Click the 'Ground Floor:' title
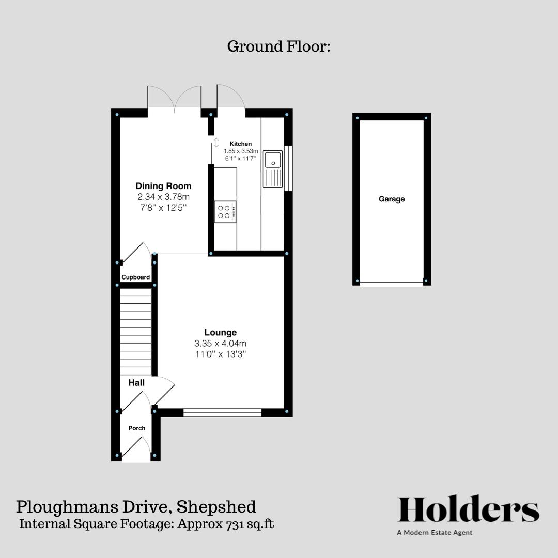[278, 47]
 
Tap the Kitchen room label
[241, 144]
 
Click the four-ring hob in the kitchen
[225, 211]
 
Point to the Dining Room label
[163, 186]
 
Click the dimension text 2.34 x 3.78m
[163, 197]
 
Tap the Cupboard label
[136, 277]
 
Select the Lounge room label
[220, 333]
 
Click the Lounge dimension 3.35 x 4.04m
[220, 344]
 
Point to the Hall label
[136, 383]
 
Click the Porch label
[137, 428]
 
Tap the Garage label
[392, 199]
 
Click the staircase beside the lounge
[135, 331]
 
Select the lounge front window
[222, 412]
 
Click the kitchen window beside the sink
[288, 168]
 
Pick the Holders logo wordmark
[468, 510]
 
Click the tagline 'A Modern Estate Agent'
[435, 533]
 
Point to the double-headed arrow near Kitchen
[216, 143]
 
